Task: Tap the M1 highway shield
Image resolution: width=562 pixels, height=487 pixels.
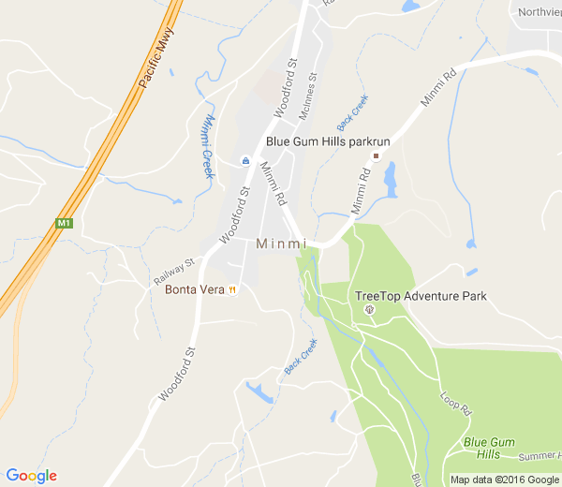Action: (64, 223)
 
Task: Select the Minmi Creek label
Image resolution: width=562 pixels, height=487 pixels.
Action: (208, 146)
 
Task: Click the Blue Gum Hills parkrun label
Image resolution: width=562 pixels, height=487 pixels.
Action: (319, 141)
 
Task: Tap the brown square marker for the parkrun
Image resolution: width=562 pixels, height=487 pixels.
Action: (376, 155)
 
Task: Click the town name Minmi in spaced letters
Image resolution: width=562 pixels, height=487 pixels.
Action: (281, 243)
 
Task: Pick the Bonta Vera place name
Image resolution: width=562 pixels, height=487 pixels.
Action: (194, 289)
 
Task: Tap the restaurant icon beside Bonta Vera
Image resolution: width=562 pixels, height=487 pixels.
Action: (231, 289)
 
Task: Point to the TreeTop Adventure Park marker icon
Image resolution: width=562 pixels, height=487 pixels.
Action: (369, 309)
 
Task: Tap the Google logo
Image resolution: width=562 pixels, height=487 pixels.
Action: (31, 476)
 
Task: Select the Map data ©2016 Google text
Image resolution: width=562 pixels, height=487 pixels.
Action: (503, 480)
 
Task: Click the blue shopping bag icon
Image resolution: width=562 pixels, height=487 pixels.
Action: (245, 160)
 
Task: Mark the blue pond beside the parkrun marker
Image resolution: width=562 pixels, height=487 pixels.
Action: (390, 174)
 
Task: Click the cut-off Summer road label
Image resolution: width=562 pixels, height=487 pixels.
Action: (540, 455)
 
